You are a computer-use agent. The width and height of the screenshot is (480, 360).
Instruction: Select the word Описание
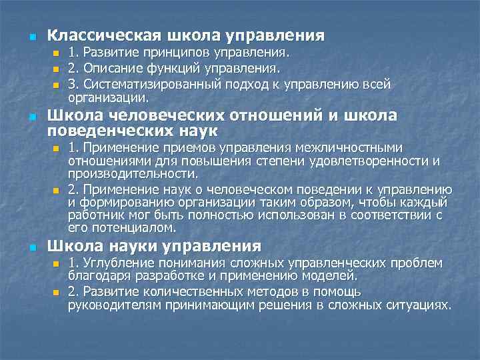pyautogui.click(x=108, y=69)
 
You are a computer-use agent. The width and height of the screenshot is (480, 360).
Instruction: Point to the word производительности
pyautogui.click(x=132, y=175)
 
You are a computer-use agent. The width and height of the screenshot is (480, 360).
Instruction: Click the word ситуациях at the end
pyautogui.click(x=421, y=305)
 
